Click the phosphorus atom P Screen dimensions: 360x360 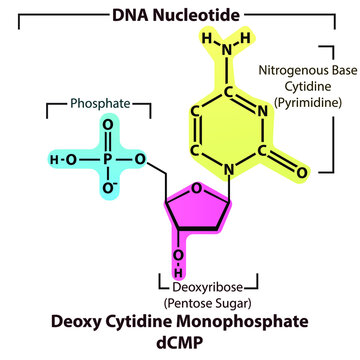click(x=103, y=158)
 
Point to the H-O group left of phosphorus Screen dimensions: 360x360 click(x=64, y=158)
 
